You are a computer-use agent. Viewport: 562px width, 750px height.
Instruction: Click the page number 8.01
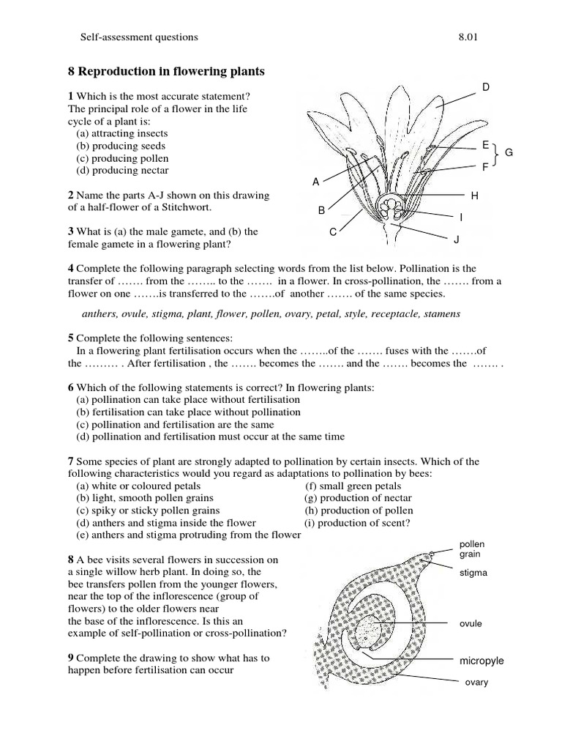click(x=467, y=36)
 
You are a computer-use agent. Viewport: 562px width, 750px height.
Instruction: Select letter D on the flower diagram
click(x=485, y=88)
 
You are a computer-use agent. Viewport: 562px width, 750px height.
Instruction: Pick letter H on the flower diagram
click(x=474, y=196)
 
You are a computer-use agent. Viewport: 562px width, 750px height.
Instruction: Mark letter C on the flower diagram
click(x=332, y=232)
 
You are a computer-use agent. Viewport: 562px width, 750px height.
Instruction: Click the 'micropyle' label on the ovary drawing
click(x=482, y=661)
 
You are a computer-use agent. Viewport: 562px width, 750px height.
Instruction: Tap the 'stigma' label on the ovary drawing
click(x=473, y=572)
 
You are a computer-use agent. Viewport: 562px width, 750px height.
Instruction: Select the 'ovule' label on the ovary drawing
click(x=471, y=623)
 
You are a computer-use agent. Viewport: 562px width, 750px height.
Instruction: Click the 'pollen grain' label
click(x=472, y=549)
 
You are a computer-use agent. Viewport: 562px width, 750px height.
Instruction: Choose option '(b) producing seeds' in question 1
click(x=121, y=146)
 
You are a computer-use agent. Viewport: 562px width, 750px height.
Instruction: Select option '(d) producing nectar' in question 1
click(x=122, y=171)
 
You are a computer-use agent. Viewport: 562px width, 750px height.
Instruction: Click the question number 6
click(x=71, y=387)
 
